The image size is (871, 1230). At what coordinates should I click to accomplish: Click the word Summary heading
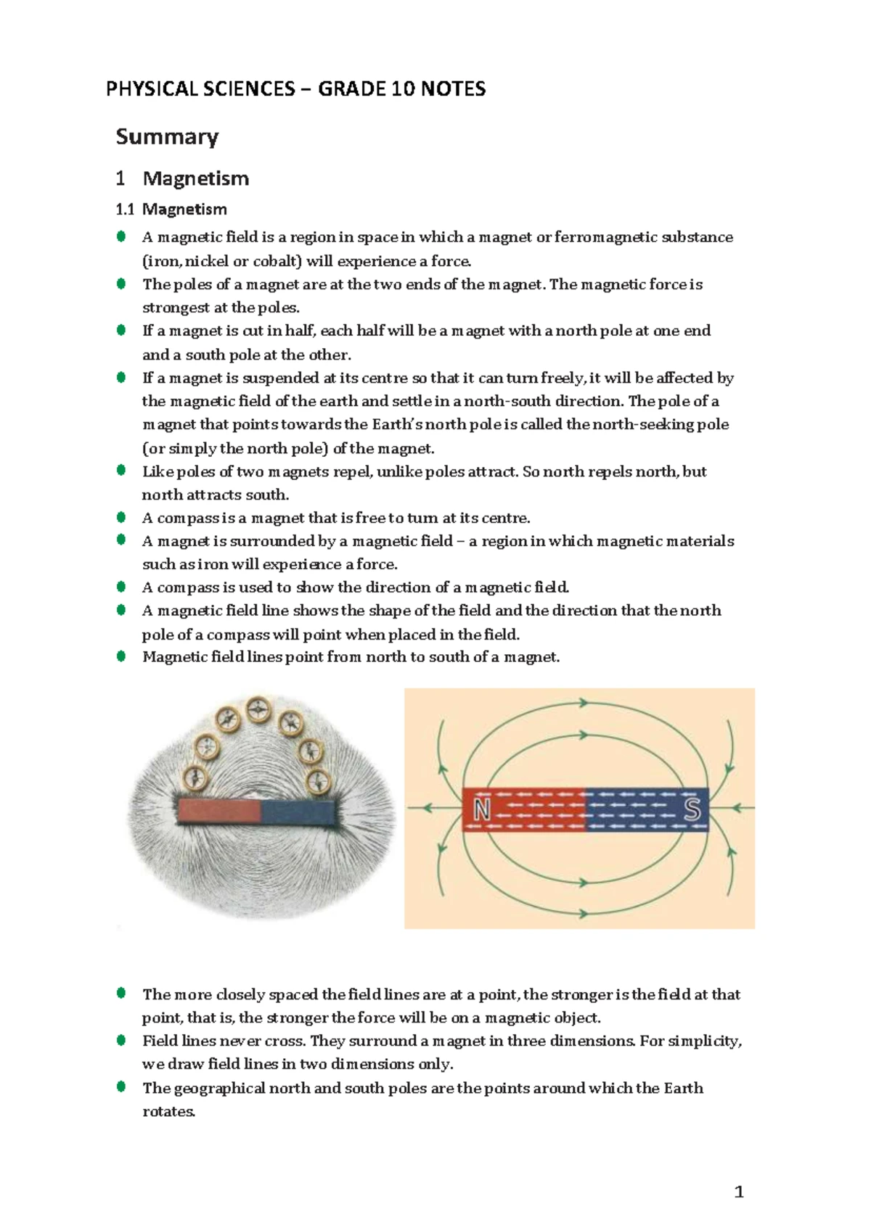[x=167, y=137]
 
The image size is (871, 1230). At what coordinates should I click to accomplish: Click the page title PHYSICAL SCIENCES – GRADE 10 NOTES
[x=295, y=89]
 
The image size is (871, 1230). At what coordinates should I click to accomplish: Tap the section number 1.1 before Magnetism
[x=125, y=210]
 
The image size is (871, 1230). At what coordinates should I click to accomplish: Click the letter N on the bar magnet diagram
[x=482, y=809]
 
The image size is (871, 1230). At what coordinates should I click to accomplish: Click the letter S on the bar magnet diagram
[x=692, y=809]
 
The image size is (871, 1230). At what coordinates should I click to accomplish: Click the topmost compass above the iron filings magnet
[x=258, y=710]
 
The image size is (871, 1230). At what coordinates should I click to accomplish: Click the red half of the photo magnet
[x=218, y=811]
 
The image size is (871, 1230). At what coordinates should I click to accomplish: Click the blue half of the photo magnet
[x=298, y=812]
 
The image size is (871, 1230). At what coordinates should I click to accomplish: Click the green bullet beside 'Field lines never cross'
[x=121, y=1041]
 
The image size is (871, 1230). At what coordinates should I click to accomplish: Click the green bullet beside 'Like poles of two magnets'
[x=121, y=471]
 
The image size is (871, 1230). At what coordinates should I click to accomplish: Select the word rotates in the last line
[x=168, y=1111]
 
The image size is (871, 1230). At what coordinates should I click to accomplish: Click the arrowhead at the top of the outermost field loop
[x=582, y=702]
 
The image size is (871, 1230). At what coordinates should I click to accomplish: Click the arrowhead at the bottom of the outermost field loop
[x=582, y=912]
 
